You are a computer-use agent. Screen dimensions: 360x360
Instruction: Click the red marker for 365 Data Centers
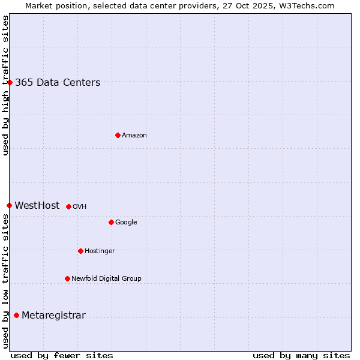click(10, 82)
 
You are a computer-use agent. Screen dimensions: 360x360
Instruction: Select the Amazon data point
click(118, 135)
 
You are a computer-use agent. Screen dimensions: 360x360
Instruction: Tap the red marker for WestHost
click(9, 205)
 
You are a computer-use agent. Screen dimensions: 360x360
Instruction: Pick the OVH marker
click(68, 206)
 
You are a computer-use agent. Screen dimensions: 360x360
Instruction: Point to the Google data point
click(111, 222)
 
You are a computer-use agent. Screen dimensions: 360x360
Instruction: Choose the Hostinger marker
click(80, 251)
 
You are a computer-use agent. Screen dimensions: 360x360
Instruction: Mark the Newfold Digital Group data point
click(67, 278)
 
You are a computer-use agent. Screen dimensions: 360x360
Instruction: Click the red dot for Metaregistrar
click(16, 316)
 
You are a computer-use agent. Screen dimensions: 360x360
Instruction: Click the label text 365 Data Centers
click(58, 83)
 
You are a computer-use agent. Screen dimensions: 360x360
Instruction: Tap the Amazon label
click(134, 136)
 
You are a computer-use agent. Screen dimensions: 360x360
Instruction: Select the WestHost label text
click(37, 206)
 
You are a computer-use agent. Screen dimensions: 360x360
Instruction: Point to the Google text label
click(126, 223)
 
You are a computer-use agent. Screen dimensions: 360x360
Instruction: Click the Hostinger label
click(100, 251)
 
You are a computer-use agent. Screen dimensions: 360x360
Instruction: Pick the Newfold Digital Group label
click(106, 278)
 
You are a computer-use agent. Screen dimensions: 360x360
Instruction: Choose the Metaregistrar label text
click(53, 316)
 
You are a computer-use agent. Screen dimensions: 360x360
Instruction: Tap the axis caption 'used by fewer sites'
click(62, 355)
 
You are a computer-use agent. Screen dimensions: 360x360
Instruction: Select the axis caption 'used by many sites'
click(301, 355)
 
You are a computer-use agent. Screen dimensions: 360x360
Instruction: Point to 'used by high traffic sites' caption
click(6, 85)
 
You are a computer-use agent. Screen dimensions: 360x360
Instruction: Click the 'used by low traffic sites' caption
click(6, 281)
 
